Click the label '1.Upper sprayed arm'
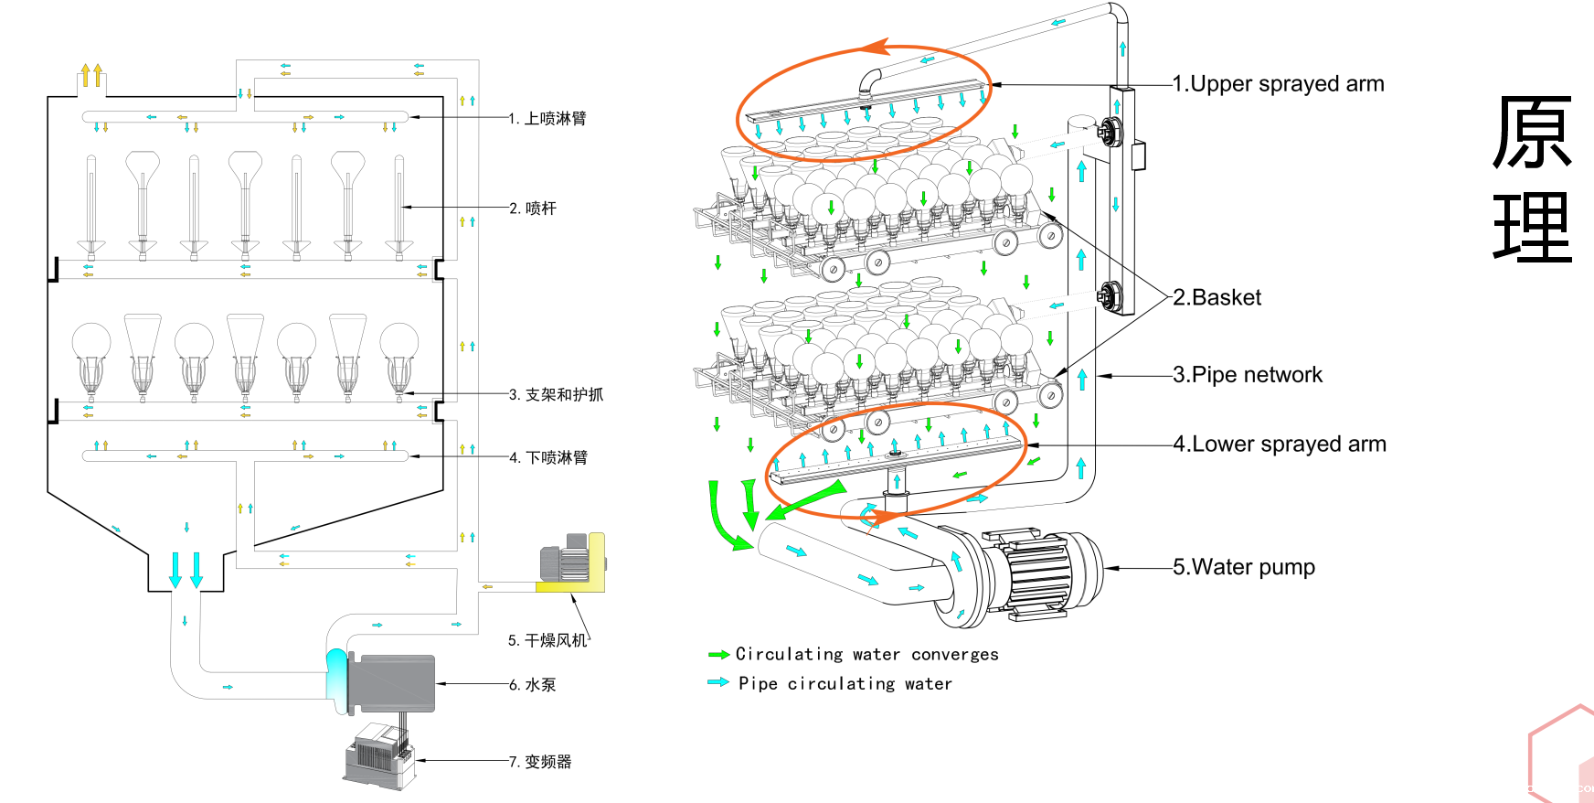1278,84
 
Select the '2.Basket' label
1217,297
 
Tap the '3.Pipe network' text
1248,375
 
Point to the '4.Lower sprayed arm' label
1280,444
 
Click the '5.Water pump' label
1244,567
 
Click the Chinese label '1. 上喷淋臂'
547,119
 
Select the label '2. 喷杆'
533,209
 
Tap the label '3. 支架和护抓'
556,395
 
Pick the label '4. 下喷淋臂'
548,457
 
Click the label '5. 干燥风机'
547,640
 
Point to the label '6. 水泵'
533,685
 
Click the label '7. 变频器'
540,762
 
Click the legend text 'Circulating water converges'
866,655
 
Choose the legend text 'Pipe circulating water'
845,684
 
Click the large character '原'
1532,134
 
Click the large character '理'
1532,229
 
